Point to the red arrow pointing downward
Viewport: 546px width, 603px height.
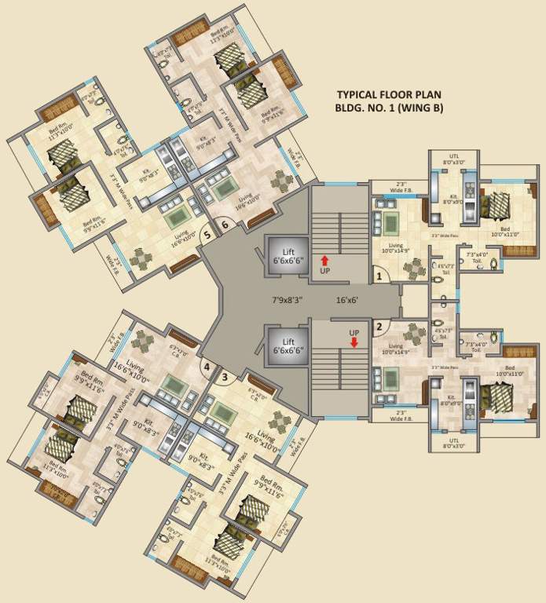pos(354,342)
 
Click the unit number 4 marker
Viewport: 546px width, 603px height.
pos(206,367)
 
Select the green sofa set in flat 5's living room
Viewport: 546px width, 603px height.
pos(178,213)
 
